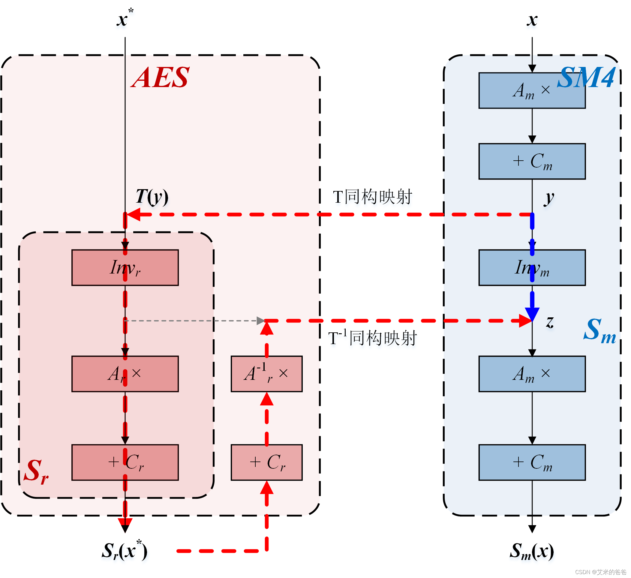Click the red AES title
pyautogui.click(x=160, y=78)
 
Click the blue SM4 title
pyautogui.click(x=587, y=78)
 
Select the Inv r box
pyautogui.click(x=125, y=268)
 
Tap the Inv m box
pyautogui.click(x=532, y=268)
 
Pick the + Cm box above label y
pyautogui.click(x=532, y=162)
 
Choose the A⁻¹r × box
pyautogui.click(x=267, y=374)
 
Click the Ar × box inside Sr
pyautogui.click(x=125, y=374)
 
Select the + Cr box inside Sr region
pyautogui.click(x=125, y=463)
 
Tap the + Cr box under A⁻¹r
pyautogui.click(x=267, y=463)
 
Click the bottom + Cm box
pyautogui.click(x=532, y=463)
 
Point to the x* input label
pyautogui.click(x=125, y=19)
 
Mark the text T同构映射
pyautogui.click(x=372, y=197)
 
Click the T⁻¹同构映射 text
pyautogui.click(x=372, y=338)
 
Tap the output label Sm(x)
pyautogui.click(x=531, y=551)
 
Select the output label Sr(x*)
pyautogui.click(x=125, y=551)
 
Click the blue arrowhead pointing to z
pyautogui.click(x=532, y=314)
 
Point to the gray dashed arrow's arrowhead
pyautogui.click(x=261, y=321)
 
